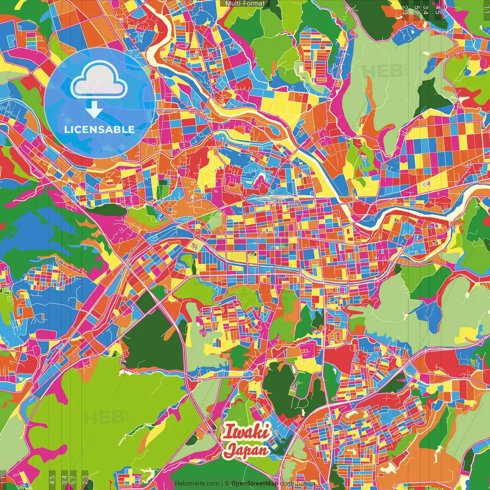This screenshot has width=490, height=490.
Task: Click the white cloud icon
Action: click(99, 83)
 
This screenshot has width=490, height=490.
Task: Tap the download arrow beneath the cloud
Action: click(94, 110)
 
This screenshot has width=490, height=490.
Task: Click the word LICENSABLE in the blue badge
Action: click(99, 129)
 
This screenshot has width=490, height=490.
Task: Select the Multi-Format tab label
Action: click(245, 3)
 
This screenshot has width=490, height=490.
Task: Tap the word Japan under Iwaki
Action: click(246, 450)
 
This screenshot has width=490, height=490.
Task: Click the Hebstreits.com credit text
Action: click(197, 483)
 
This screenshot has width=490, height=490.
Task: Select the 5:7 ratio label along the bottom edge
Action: click(73, 479)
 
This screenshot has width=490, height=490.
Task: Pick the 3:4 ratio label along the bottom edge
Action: click(64, 479)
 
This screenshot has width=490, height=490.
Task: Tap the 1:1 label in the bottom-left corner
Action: click(3, 480)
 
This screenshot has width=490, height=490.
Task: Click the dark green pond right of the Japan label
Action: click(279, 446)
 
